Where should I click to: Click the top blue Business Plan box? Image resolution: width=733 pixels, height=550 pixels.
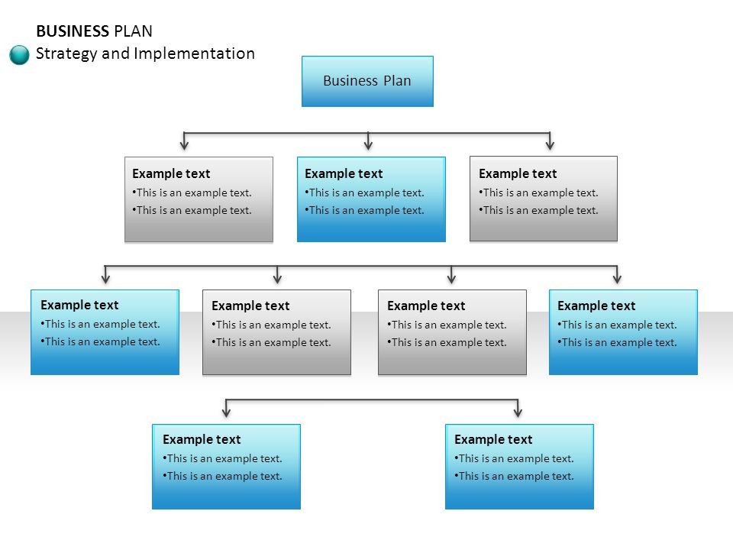coord(367,82)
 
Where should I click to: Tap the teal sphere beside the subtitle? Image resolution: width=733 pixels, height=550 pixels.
coord(19,55)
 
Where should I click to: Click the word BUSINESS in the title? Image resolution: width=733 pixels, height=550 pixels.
coord(73,31)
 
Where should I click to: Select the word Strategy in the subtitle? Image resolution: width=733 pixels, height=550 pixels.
coord(66,53)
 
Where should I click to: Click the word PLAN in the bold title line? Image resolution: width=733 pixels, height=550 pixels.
coord(133,31)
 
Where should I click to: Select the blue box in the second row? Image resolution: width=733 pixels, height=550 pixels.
coord(371,199)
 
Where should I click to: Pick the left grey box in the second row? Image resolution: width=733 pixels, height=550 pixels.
coord(199,199)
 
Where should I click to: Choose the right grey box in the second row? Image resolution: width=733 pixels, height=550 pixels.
coord(543,199)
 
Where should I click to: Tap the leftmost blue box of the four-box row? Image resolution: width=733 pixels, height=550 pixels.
coord(105,332)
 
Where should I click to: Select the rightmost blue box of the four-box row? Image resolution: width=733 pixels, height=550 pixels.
coord(623,332)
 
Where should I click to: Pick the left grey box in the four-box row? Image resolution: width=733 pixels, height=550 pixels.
coord(276,332)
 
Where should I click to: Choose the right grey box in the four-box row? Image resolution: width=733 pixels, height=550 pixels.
coord(452,332)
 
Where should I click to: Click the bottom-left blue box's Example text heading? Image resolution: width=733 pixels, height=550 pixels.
coord(202,440)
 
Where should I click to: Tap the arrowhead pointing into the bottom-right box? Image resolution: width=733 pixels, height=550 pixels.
coord(518,412)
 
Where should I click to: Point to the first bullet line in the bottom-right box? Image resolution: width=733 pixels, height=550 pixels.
coord(514,459)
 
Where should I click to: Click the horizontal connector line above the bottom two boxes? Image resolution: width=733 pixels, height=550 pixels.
coord(372,400)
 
